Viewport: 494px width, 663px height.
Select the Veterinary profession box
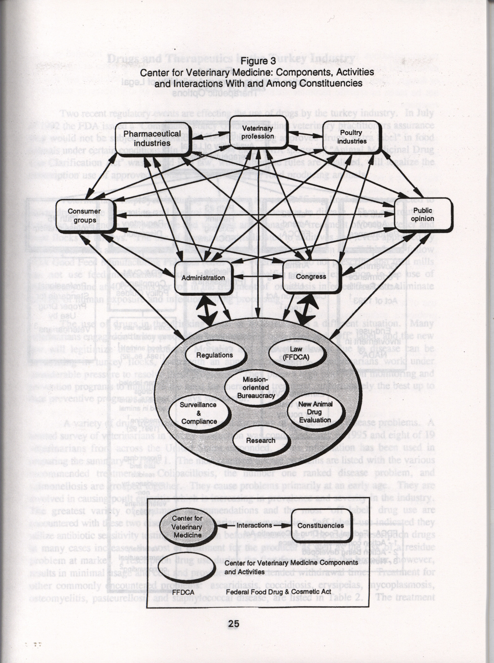pos(257,132)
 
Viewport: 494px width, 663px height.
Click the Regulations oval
pos(215,355)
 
